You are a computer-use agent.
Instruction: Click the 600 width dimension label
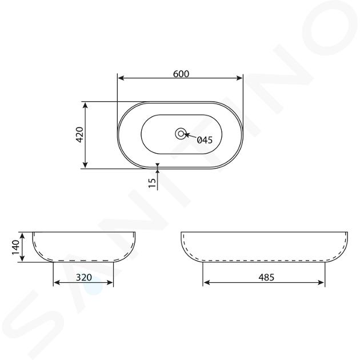(x=181, y=74)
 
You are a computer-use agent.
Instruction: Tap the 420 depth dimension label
(x=79, y=135)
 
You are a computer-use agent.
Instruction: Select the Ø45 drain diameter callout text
(x=205, y=140)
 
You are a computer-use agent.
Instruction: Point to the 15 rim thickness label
(x=152, y=182)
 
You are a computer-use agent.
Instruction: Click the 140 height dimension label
(x=16, y=247)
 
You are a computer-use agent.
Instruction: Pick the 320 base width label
(x=84, y=277)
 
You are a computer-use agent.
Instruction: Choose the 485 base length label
(x=266, y=277)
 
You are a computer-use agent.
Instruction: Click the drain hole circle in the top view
(x=181, y=134)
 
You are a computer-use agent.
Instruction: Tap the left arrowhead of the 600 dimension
(x=121, y=78)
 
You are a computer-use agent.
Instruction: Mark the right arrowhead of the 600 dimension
(x=239, y=78)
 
